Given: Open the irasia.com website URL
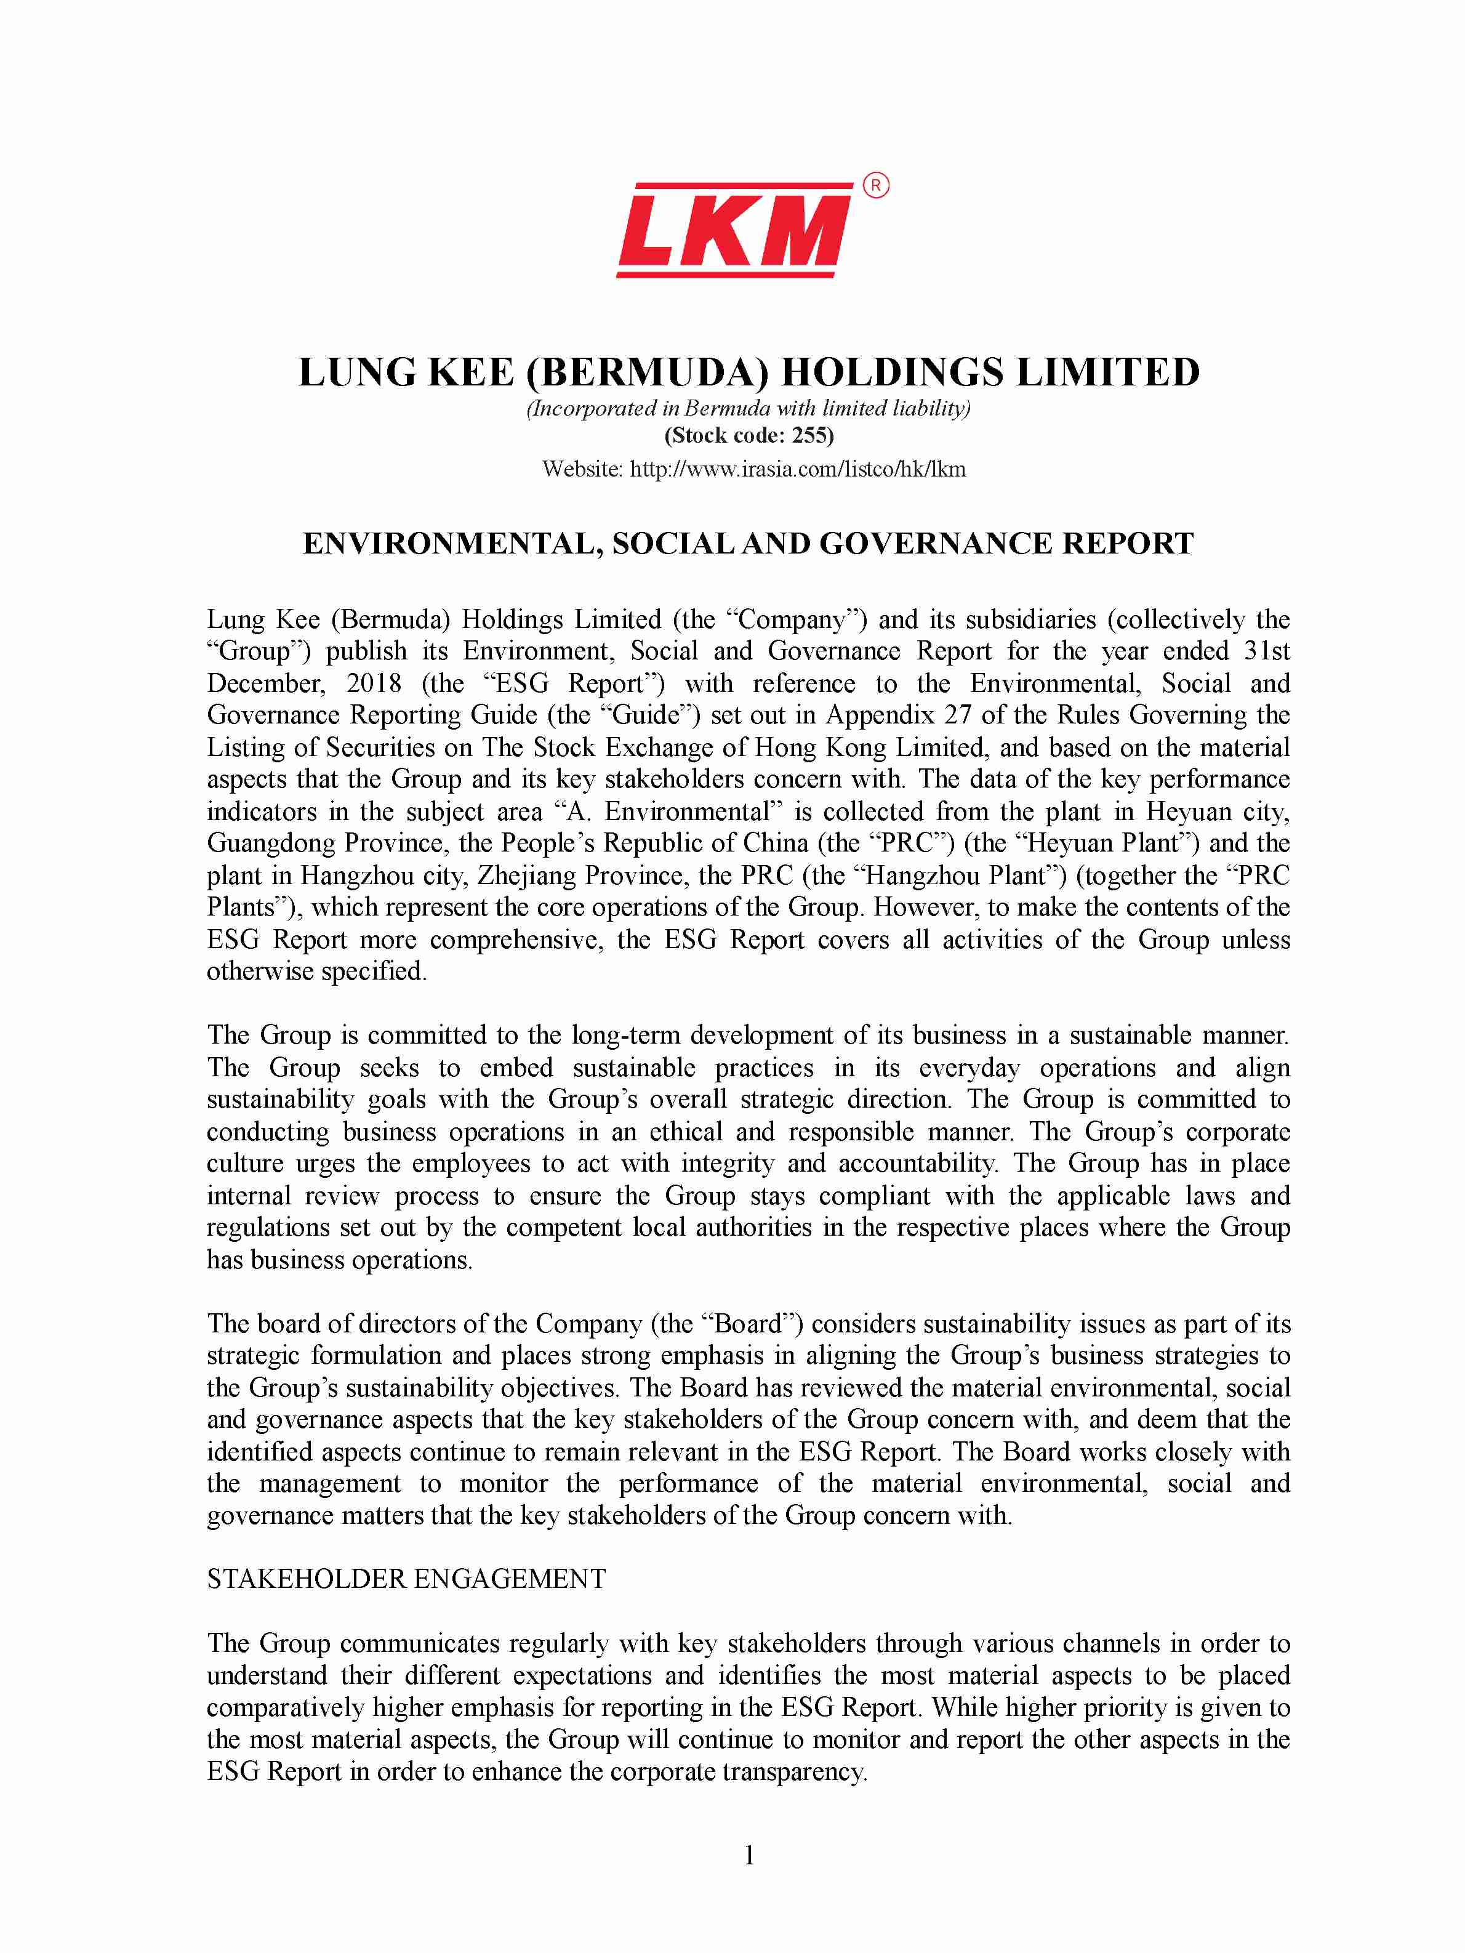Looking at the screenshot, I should (797, 469).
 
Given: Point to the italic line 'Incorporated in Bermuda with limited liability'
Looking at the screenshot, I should (749, 408).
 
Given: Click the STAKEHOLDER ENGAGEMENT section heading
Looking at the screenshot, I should (406, 1578).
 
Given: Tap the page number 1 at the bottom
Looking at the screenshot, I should (749, 1855).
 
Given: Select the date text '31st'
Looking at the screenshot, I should (1266, 651).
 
